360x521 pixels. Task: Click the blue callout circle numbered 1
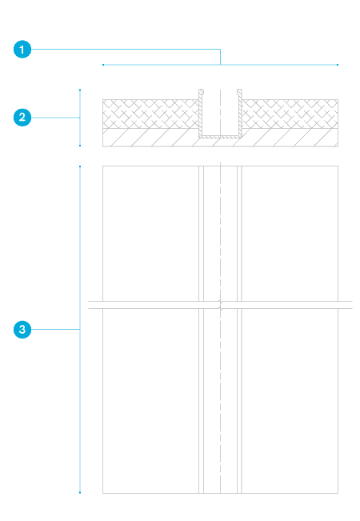tap(22, 50)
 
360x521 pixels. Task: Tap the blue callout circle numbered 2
tap(22, 118)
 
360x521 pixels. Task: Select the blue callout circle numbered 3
tap(22, 329)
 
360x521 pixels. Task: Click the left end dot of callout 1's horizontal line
tap(103, 65)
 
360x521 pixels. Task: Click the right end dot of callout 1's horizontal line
tap(338, 65)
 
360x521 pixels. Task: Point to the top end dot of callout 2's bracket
tap(80, 90)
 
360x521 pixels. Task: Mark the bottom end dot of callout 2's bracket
tap(80, 146)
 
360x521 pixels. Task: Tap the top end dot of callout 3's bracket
tap(80, 166)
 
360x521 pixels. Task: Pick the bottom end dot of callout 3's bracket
tap(80, 492)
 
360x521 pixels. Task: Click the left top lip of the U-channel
tap(201, 91)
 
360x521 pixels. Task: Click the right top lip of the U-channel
tap(239, 91)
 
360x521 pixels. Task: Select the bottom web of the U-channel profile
tap(220, 136)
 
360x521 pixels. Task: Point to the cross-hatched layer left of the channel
tap(150, 114)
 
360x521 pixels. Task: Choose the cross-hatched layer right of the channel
tap(290, 114)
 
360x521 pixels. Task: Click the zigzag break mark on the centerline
tap(220, 305)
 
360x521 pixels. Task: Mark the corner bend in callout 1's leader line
tap(220, 50)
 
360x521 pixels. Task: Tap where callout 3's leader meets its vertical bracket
tap(80, 329)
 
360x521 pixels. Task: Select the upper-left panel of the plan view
tap(150, 233)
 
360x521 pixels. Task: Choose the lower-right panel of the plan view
tap(290, 401)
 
